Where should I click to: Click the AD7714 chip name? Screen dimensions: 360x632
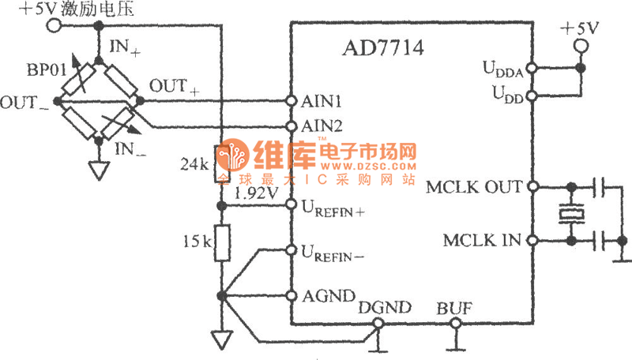383,48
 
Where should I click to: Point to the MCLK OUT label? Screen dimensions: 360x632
473,187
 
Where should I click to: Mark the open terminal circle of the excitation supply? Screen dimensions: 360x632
54,26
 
